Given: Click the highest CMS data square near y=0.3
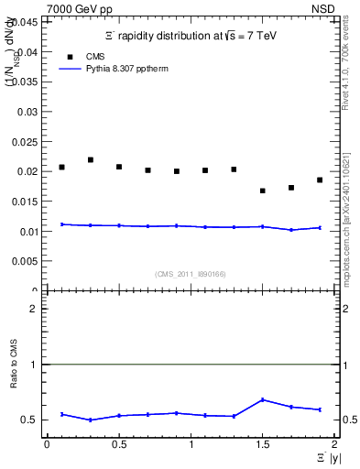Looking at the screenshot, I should point(91,159).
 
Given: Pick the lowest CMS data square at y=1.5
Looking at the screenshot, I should point(263,191).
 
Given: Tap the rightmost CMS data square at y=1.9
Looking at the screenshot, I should point(320,180).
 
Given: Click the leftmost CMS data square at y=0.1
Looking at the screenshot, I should point(61,167).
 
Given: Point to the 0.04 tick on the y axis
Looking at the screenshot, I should point(30,52).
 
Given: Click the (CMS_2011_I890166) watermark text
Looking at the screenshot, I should point(191,273).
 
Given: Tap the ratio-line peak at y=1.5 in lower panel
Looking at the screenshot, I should point(263,399).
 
